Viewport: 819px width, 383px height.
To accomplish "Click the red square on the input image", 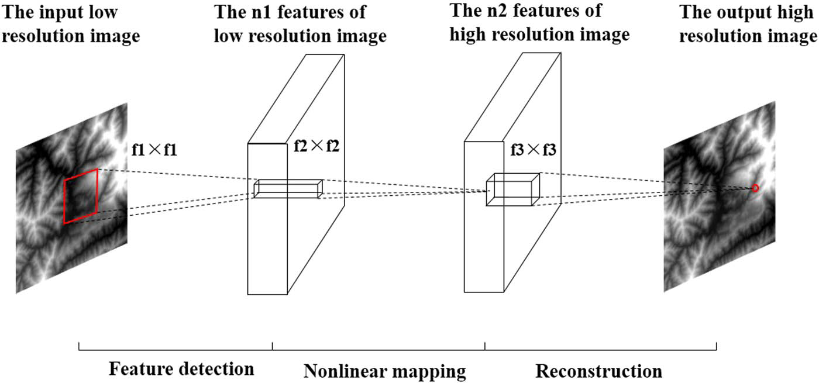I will pyautogui.click(x=81, y=196).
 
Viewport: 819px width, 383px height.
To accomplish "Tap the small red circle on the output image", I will pyautogui.click(x=755, y=188).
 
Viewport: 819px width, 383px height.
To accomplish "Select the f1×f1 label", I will pyautogui.click(x=156, y=150).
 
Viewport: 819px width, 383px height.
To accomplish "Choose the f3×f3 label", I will pyautogui.click(x=533, y=151).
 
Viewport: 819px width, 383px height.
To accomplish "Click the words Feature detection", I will pyautogui.click(x=181, y=369).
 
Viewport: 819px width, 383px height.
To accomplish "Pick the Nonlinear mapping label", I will pyautogui.click(x=384, y=371).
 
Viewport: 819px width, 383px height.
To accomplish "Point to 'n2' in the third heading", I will pyautogui.click(x=515, y=10).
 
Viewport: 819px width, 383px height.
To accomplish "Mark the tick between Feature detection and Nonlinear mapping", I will pyautogui.click(x=273, y=348).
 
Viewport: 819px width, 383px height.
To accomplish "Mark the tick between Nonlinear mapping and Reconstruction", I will pyautogui.click(x=485, y=348).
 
